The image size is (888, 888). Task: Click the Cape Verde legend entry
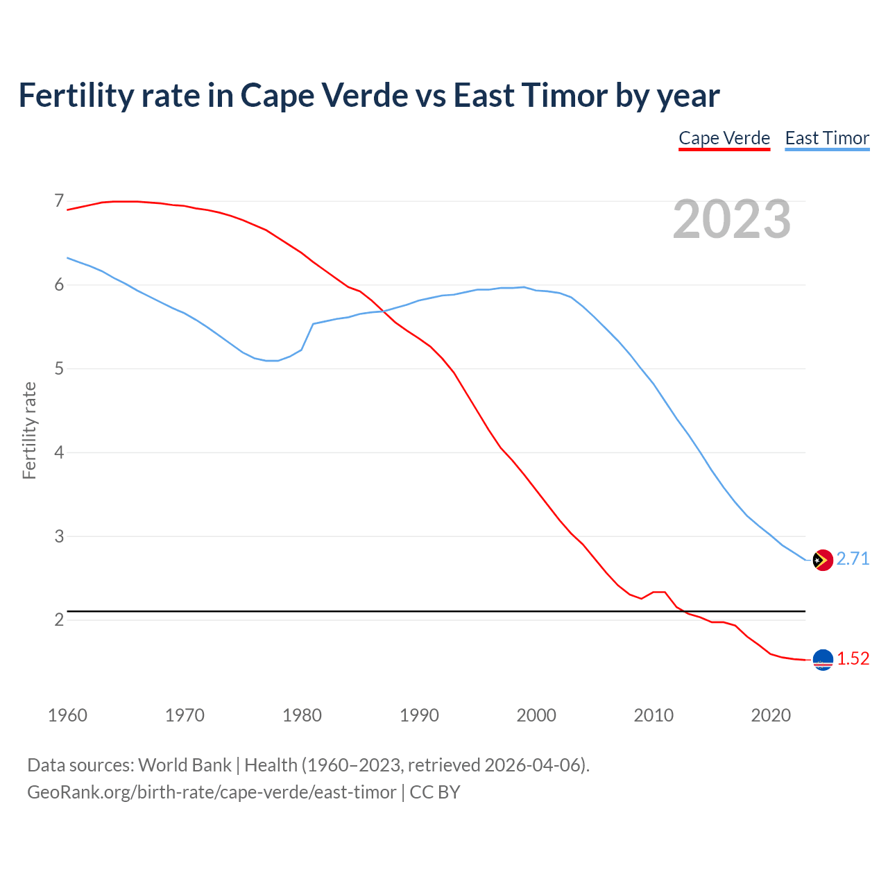pos(724,138)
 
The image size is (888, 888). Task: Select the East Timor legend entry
pos(827,138)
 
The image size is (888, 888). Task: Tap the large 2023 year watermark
pos(732,219)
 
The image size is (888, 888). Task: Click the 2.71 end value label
pos(853,559)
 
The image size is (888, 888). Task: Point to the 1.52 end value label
pos(853,659)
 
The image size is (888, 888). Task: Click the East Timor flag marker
pos(823,560)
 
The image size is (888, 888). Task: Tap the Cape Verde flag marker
pos(823,660)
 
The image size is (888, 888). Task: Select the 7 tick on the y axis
pos(59,201)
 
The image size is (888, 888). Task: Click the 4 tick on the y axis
pos(59,452)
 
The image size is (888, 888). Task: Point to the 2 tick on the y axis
pos(59,620)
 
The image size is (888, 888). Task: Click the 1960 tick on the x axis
pos(67,715)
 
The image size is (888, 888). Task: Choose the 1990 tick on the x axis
pos(419,715)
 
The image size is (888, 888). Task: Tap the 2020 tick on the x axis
pos(771,715)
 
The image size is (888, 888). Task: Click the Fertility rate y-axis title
pos(29,430)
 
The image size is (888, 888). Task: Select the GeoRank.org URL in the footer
pos(212,792)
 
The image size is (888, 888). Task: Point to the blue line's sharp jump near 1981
pos(308,336)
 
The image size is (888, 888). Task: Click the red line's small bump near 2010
pos(659,592)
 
